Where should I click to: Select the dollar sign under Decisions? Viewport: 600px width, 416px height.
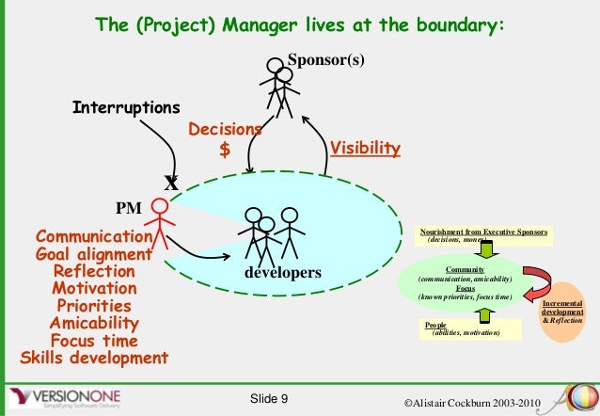[224, 149]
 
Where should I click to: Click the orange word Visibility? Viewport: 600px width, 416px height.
[366, 149]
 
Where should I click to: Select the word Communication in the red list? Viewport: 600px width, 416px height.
[93, 237]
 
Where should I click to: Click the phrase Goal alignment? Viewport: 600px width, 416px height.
[93, 254]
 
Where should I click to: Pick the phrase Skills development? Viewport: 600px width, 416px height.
[93, 358]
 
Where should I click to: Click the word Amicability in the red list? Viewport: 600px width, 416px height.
[93, 324]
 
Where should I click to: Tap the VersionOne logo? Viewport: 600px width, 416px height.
[71, 395]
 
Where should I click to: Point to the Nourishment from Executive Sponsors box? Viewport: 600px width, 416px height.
[485, 235]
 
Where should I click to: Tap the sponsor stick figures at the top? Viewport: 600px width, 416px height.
[280, 85]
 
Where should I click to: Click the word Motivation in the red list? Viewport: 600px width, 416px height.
[93, 289]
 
